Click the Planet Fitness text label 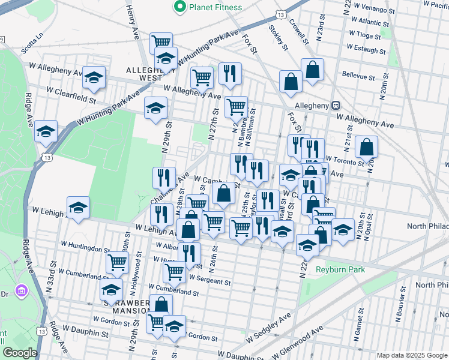215,7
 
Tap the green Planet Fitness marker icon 179,7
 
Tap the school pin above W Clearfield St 94,77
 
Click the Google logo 20,353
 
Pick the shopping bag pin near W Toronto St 366,147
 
